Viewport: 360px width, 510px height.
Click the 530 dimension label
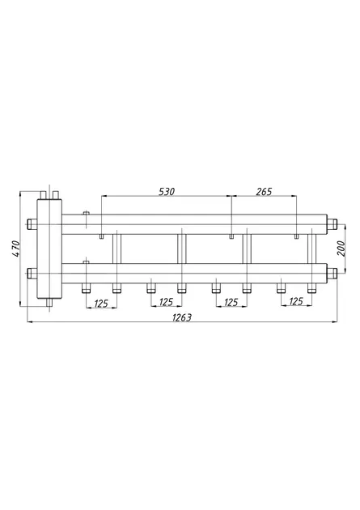(167, 192)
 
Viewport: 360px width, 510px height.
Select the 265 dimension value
(264, 192)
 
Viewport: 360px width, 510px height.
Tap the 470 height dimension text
(16, 249)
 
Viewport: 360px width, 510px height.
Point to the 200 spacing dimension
(343, 249)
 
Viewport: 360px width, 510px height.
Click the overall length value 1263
(182, 317)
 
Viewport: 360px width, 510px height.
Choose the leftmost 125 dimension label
(101, 304)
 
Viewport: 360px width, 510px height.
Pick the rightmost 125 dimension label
(296, 302)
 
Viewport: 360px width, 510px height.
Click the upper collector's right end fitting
(332, 223)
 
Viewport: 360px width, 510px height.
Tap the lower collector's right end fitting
(332, 274)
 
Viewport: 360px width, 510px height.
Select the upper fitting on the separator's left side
(32, 224)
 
